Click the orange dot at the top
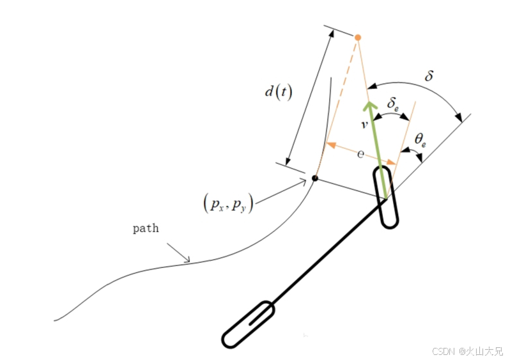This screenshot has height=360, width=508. [x=358, y=38]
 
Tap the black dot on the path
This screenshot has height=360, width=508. [x=314, y=178]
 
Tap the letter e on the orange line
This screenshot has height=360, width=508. [x=360, y=154]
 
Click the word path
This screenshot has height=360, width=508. [x=146, y=228]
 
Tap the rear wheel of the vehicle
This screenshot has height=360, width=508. [x=249, y=325]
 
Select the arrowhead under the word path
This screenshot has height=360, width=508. [x=187, y=259]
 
